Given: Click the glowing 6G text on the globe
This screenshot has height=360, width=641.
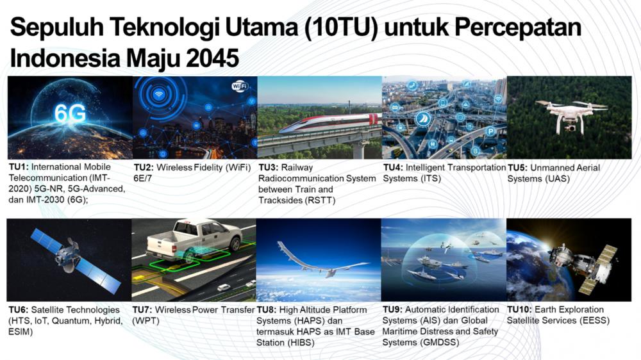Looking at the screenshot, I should coord(70,113).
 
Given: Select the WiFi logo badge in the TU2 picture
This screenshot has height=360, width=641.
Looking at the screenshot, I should coord(240,86).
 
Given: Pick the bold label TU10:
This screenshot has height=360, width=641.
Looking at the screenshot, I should coord(522,310).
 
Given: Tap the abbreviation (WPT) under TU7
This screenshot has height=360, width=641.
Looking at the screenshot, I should coord(146,320).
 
